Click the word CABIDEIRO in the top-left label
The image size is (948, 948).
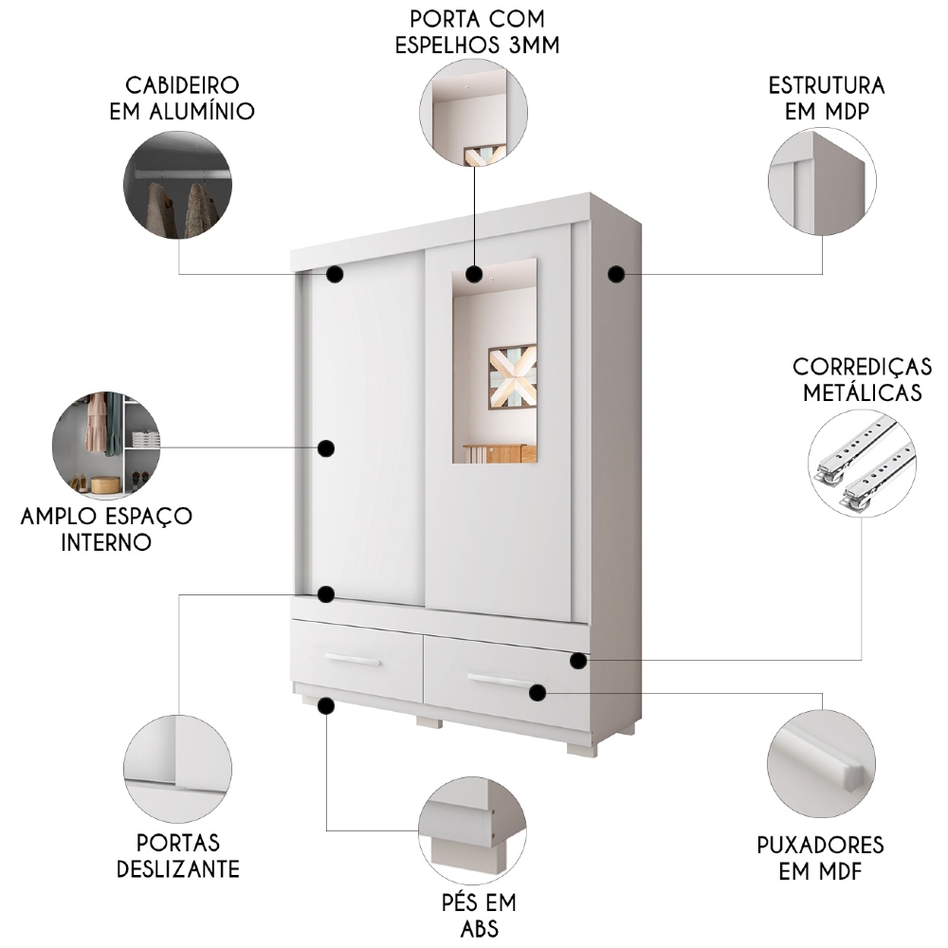coord(179,84)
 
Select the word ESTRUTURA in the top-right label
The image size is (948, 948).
coord(826,84)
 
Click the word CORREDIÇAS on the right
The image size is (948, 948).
coord(862,367)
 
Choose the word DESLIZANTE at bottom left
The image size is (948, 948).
coord(178,869)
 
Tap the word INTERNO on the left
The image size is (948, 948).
coord(106,543)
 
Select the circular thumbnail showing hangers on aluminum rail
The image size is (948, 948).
coord(177,184)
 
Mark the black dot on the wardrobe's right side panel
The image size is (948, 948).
coord(616,274)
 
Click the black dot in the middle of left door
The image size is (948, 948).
coord(327,448)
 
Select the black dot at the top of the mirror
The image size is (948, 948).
coord(474,275)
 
